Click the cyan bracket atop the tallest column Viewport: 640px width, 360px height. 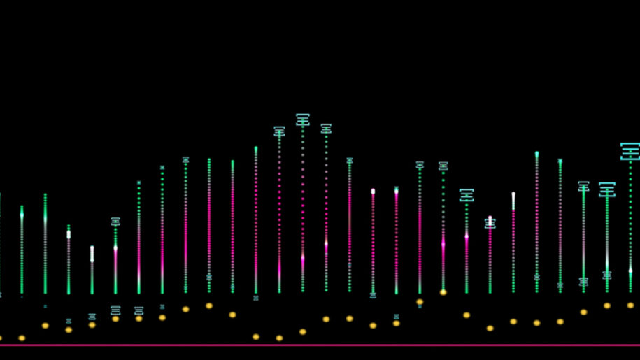pyautogui.click(x=302, y=120)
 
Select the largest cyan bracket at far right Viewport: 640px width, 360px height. pyautogui.click(x=630, y=151)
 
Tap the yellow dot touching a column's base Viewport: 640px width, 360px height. pyautogui.click(x=443, y=292)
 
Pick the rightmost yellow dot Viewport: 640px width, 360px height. pyautogui.click(x=630, y=305)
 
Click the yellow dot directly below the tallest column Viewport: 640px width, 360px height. pyautogui.click(x=302, y=331)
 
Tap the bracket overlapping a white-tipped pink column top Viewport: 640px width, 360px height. pyautogui.click(x=490, y=223)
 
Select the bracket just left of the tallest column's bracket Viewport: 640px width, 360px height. pyautogui.click(x=279, y=131)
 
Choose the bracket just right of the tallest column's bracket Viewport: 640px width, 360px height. pyautogui.click(x=326, y=129)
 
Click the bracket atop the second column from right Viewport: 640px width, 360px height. pyautogui.click(x=606, y=189)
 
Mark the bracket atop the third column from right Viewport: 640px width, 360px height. pyautogui.click(x=583, y=186)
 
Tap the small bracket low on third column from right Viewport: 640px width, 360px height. pyautogui.click(x=583, y=281)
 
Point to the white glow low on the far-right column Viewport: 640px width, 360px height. pyautogui.click(x=630, y=270)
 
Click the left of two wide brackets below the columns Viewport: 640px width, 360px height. pyautogui.click(x=115, y=310)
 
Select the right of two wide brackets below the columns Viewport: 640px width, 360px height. pyautogui.click(x=138, y=310)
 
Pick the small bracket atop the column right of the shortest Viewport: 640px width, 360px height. pyautogui.click(x=115, y=222)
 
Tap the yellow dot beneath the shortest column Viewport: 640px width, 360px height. pyautogui.click(x=92, y=324)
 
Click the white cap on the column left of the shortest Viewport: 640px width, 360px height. pyautogui.click(x=69, y=235)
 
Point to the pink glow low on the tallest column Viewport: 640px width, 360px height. pyautogui.click(x=302, y=257)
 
